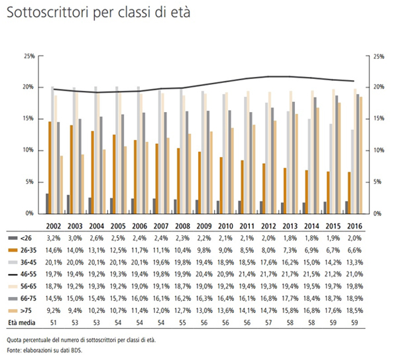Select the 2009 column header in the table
tap(204, 226)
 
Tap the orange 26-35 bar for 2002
tap(50, 168)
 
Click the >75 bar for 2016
tap(361, 155)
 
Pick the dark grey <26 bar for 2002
tap(47, 204)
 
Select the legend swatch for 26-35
tap(13, 250)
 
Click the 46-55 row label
tap(28, 274)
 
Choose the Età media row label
tap(22, 323)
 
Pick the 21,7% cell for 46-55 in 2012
tap(268, 274)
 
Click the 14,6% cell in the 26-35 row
tap(54, 250)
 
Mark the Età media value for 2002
tap(54, 323)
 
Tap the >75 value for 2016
tap(355, 311)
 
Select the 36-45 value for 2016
tap(355, 263)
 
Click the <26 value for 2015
tap(333, 238)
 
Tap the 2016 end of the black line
tap(354, 81)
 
